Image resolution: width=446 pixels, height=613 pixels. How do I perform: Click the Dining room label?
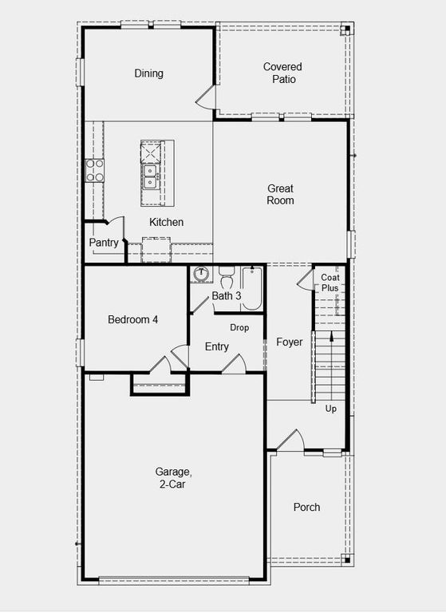[x=148, y=73]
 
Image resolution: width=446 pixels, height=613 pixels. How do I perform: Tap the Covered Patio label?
[x=282, y=73]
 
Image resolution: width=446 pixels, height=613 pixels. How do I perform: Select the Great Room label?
[x=280, y=194]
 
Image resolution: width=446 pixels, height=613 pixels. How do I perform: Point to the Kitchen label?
[x=166, y=222]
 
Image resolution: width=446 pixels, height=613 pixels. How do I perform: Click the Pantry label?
[x=104, y=243]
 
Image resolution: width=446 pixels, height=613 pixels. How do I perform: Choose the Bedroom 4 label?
[x=132, y=319]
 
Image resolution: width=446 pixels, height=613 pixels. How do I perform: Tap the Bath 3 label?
[x=226, y=296]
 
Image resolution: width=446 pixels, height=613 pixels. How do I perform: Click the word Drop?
[x=239, y=327]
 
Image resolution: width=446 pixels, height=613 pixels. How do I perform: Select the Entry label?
[x=216, y=346]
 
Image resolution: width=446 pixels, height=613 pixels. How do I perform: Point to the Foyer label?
[x=289, y=342]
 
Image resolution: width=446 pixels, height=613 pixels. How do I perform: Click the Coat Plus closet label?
[x=330, y=283]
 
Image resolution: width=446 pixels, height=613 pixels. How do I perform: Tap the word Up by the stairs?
[x=331, y=408]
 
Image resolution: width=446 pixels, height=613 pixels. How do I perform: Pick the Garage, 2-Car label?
[x=172, y=478]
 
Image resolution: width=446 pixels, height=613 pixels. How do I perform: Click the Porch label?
[x=306, y=507]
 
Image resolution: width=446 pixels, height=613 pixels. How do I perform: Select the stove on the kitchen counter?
[x=95, y=169]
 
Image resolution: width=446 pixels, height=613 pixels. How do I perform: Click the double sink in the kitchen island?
[x=150, y=176]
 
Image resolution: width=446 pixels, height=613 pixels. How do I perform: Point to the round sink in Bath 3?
[x=201, y=274]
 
